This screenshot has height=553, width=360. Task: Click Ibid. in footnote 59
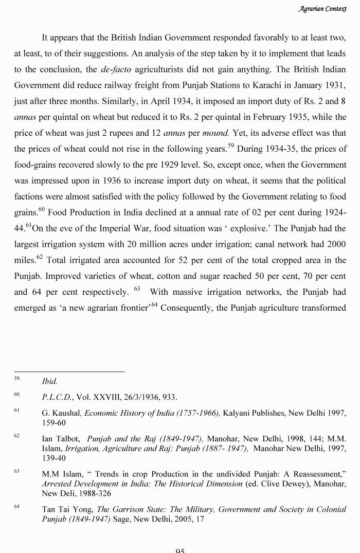49,382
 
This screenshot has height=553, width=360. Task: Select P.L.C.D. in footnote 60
58,397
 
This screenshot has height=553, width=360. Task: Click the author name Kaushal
67,413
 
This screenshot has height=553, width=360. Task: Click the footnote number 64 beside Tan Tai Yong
17,507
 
